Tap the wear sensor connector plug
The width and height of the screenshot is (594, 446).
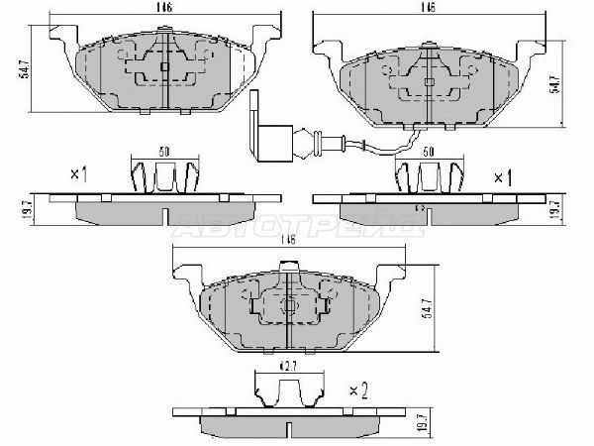(263, 133)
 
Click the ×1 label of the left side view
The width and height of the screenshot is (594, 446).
(79, 174)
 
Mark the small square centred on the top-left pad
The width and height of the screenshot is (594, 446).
(163, 67)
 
